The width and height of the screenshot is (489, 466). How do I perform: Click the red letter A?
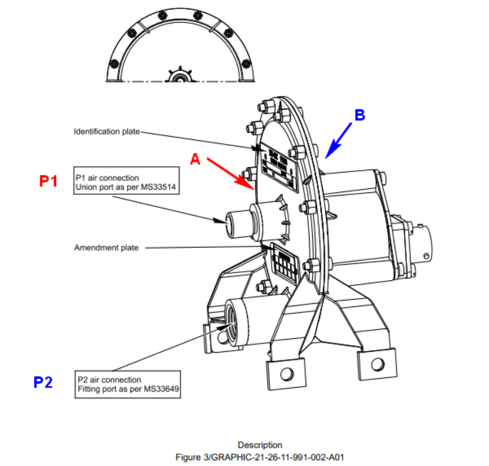tap(194, 158)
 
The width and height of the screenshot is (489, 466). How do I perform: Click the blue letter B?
tap(359, 115)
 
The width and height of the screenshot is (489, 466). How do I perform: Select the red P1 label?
tap(49, 181)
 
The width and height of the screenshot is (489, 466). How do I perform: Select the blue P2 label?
tap(43, 382)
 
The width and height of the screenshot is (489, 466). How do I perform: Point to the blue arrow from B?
tap(340, 139)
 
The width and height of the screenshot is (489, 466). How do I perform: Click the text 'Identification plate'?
tap(106, 132)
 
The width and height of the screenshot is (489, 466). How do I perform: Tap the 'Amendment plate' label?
tap(106, 248)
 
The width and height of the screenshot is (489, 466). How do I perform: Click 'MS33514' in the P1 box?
tap(160, 187)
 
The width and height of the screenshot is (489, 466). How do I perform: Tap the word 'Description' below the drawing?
tap(259, 445)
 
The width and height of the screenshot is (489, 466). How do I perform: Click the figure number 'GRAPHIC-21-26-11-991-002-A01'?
tap(284, 457)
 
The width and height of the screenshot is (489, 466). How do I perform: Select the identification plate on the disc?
tap(279, 169)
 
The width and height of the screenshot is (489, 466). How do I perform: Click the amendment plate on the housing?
tap(284, 264)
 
